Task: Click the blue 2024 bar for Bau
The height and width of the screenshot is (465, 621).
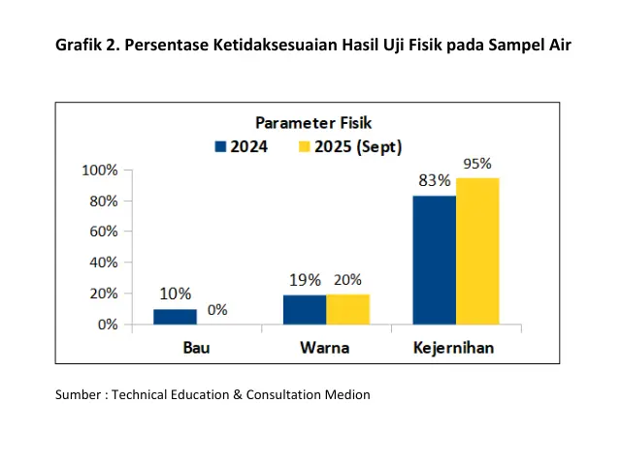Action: [x=175, y=317]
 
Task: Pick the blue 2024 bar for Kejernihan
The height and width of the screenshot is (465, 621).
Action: [x=434, y=260]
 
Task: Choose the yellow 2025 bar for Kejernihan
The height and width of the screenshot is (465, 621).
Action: [x=477, y=251]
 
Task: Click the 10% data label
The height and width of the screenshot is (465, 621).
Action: [x=176, y=294]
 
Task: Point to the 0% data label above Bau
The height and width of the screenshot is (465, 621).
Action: [x=217, y=310]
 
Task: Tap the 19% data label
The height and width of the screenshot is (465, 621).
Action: [x=305, y=280]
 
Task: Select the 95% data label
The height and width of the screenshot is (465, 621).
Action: [x=477, y=164]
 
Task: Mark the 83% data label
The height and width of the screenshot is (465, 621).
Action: [x=434, y=180]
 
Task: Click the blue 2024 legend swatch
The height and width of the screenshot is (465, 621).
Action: [x=220, y=147]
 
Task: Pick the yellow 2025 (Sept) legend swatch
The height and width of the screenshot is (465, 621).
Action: [x=303, y=147]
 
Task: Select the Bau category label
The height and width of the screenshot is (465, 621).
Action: [x=197, y=347]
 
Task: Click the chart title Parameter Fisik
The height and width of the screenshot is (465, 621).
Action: [x=313, y=123]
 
